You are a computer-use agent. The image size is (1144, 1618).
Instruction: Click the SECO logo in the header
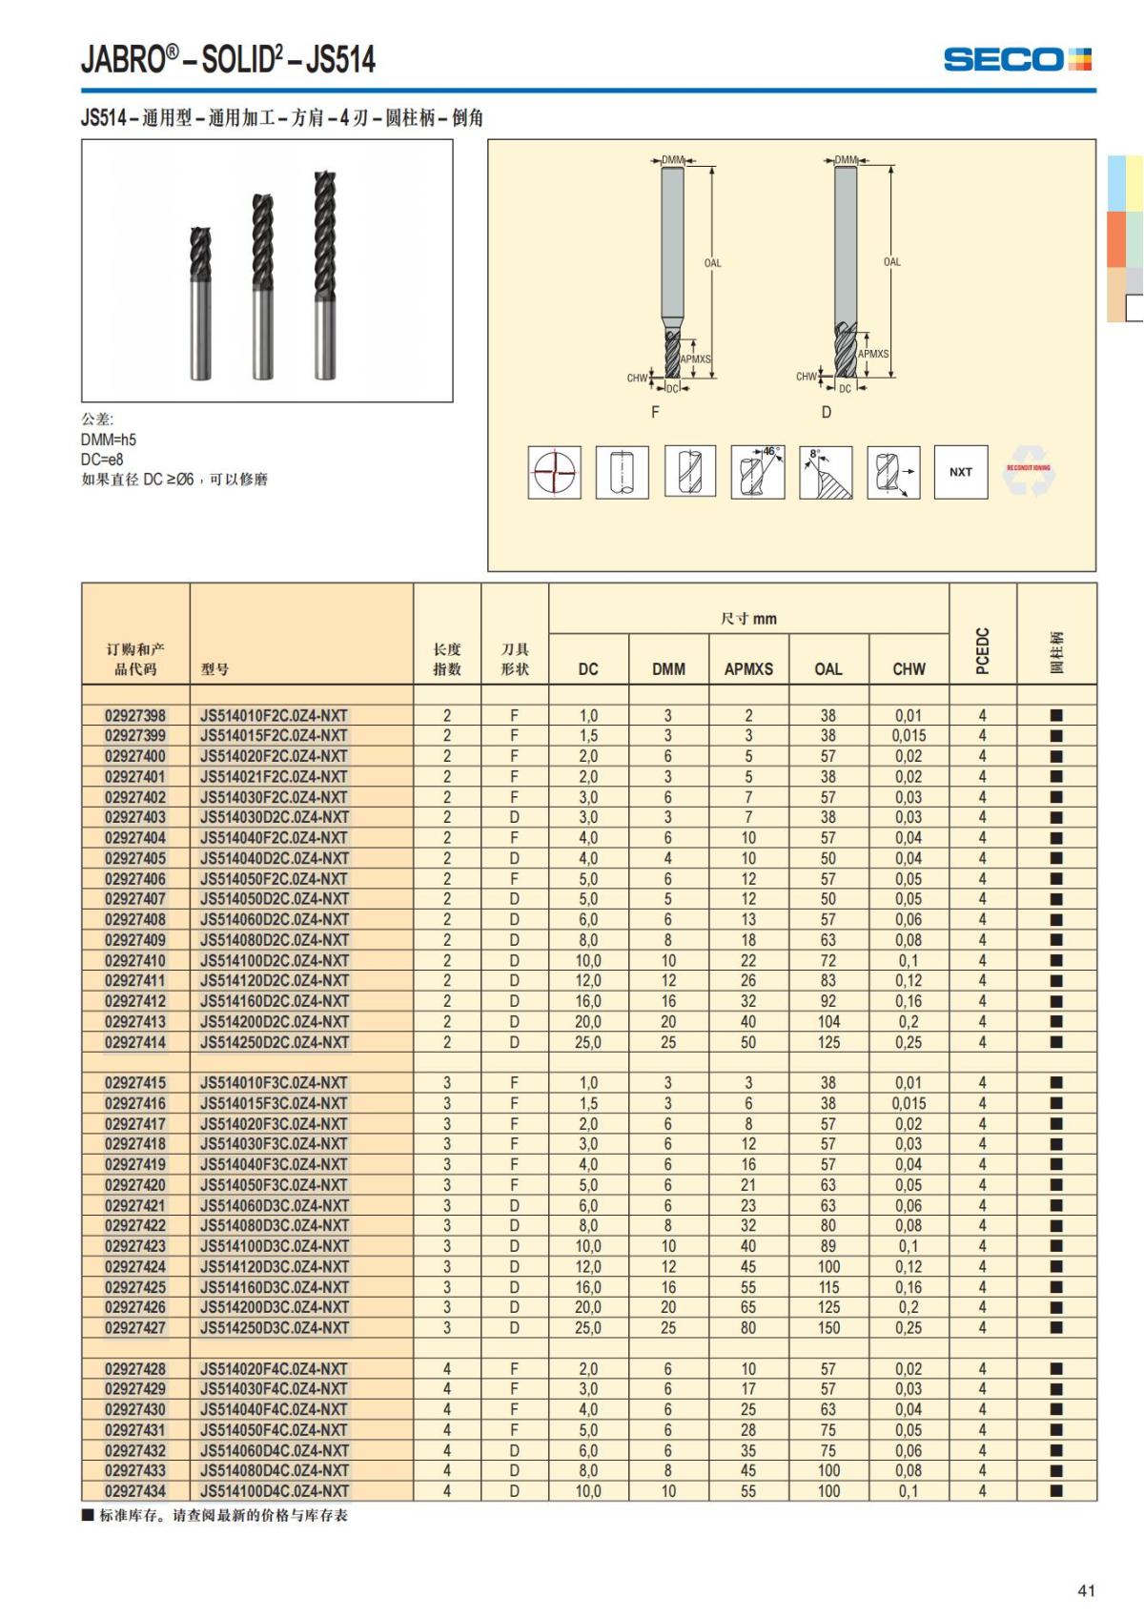click(1016, 59)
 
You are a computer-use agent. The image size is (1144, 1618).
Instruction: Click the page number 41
click(1086, 1590)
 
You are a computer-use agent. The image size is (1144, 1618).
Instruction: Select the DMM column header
click(668, 669)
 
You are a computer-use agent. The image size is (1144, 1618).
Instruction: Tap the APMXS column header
click(748, 669)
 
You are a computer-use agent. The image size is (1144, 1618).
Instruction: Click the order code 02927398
click(135, 715)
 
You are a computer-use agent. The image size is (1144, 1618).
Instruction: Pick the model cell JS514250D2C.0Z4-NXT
click(275, 1042)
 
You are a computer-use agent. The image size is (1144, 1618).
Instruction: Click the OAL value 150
click(828, 1327)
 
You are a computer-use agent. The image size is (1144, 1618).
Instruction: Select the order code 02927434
click(135, 1490)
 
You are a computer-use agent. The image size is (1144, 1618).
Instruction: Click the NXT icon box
click(960, 472)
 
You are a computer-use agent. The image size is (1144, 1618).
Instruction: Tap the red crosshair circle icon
click(555, 472)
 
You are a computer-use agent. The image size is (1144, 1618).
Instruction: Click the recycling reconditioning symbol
click(1028, 471)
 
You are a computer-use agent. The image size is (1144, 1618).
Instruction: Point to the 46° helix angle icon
click(758, 472)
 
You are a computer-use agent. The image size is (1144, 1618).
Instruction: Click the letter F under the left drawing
click(655, 412)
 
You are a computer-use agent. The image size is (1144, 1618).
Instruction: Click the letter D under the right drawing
click(827, 412)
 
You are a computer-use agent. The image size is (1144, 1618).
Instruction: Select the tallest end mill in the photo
click(325, 275)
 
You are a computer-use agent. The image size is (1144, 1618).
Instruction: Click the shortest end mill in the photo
click(200, 303)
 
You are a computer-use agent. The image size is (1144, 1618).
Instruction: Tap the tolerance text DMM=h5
click(109, 440)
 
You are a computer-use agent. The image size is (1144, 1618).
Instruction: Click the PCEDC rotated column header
click(983, 651)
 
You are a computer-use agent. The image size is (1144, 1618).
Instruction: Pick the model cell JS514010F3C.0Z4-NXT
click(275, 1083)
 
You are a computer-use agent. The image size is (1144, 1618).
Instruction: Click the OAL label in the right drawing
click(891, 262)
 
